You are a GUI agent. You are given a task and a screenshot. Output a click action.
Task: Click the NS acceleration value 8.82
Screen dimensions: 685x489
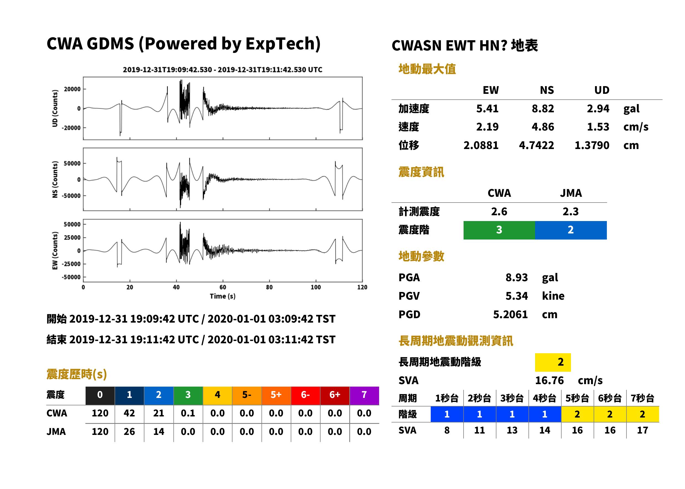[x=543, y=109]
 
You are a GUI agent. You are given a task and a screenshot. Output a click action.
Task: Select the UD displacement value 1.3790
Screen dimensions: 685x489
[x=592, y=145]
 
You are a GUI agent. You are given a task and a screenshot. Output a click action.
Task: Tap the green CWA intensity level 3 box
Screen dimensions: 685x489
[x=499, y=230]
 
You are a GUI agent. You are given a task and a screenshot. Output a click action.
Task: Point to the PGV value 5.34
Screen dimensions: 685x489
[x=517, y=296]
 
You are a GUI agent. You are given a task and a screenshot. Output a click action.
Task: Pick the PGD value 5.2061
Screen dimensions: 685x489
[x=510, y=315]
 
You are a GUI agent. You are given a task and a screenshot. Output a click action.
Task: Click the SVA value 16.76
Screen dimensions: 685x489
[x=549, y=381]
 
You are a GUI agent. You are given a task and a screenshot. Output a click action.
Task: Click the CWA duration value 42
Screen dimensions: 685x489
[x=129, y=413]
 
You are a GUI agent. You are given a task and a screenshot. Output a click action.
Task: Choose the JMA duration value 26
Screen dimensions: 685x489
[x=129, y=432]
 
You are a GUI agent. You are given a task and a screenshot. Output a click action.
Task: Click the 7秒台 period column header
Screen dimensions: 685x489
[x=642, y=398]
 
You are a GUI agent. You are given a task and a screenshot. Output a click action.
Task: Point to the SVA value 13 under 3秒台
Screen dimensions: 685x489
[x=512, y=430]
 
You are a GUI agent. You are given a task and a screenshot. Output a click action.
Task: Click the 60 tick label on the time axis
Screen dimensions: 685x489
[x=223, y=287]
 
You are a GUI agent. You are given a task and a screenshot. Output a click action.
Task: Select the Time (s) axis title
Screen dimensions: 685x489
[x=223, y=296]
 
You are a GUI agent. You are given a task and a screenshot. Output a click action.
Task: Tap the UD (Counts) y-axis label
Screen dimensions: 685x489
[x=55, y=108]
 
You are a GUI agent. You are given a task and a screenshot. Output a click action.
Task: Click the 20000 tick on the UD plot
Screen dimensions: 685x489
[x=72, y=89]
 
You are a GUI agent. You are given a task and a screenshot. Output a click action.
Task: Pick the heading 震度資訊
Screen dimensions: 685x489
[x=421, y=172]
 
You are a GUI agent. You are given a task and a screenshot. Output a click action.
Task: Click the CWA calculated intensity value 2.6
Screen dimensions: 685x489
[x=499, y=212]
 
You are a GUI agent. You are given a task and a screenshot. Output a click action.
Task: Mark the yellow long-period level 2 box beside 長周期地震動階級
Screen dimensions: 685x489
[x=553, y=362]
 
